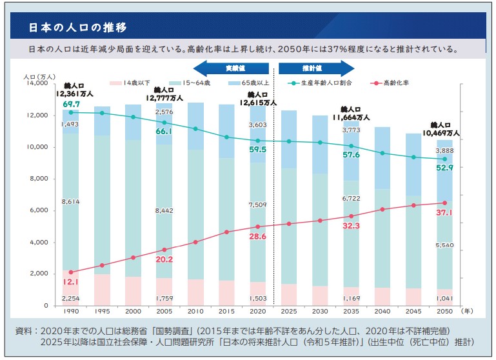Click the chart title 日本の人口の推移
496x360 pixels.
click(77, 28)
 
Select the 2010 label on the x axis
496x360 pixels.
click(196, 311)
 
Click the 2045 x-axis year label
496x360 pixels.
click(413, 311)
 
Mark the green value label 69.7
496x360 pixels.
click(71, 104)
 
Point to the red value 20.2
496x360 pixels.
click(165, 259)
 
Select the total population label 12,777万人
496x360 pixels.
click(165, 98)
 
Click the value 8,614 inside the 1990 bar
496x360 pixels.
click(70, 202)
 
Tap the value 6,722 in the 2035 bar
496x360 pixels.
click(351, 199)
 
